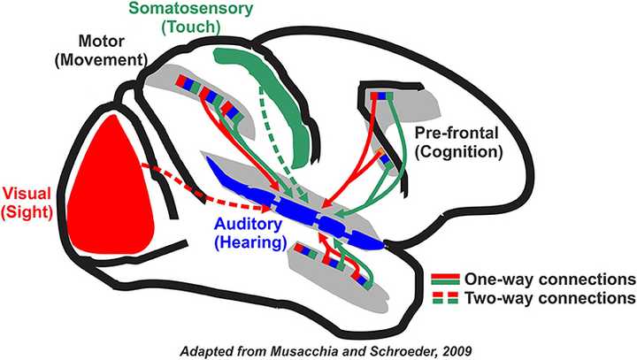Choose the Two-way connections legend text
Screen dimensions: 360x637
554,297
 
